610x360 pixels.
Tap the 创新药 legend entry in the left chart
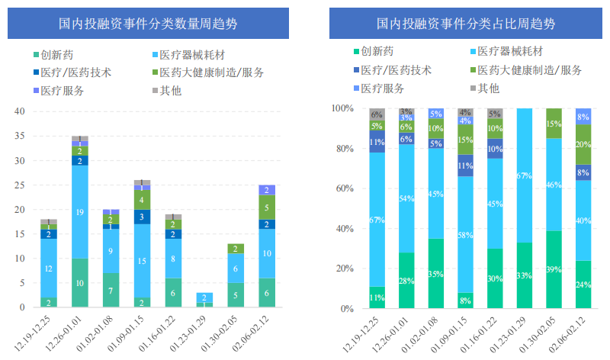point(56,55)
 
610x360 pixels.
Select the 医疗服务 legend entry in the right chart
point(381,88)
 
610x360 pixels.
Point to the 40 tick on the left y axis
point(20,111)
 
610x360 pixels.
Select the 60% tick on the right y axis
point(342,188)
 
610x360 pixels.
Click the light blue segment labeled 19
point(80,212)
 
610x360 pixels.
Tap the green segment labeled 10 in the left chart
point(80,283)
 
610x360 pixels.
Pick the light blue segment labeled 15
point(143,261)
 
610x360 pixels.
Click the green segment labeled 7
point(111,291)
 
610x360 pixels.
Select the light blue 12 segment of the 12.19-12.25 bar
point(49,268)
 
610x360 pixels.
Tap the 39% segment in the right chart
point(554,269)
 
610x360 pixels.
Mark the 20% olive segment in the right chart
point(583,144)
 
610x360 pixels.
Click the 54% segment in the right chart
point(406,198)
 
